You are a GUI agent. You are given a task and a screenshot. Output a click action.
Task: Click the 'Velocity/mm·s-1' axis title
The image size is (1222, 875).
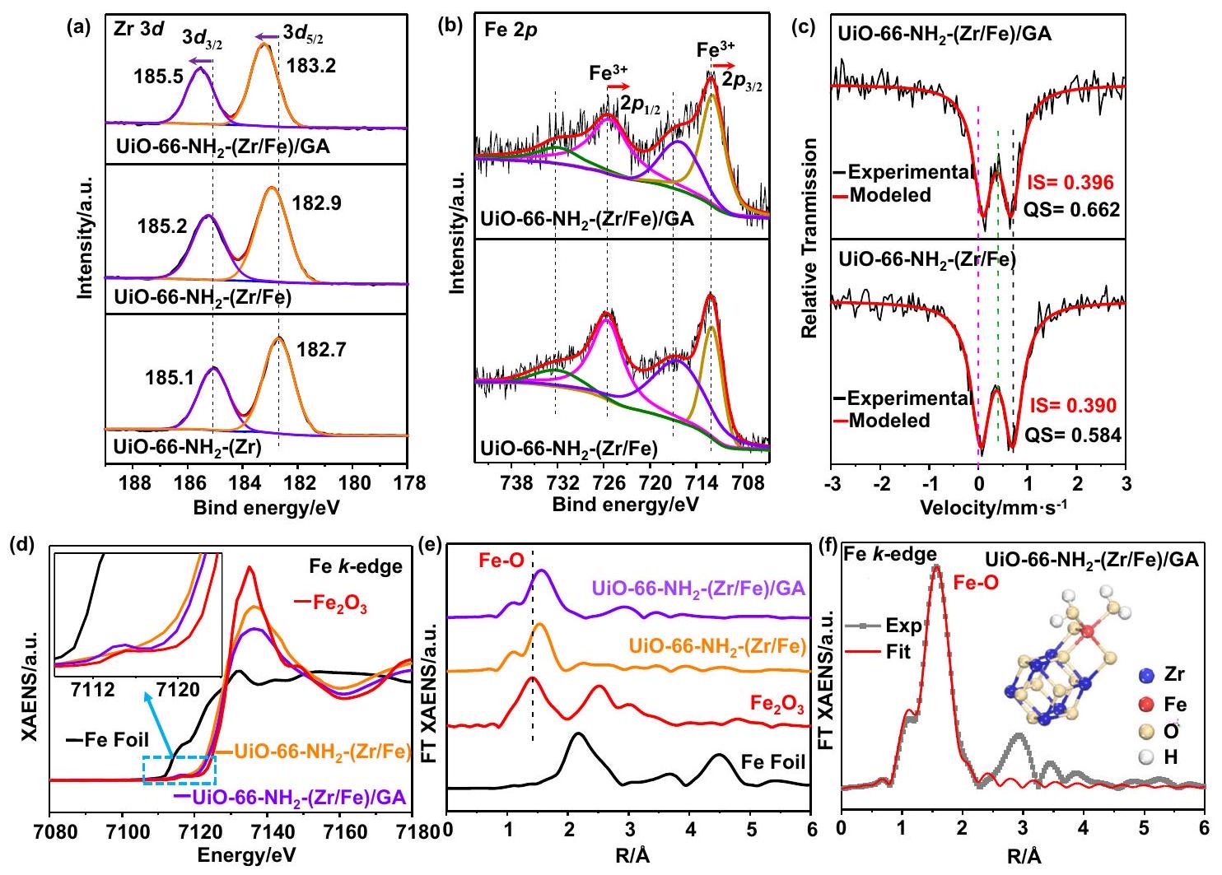pyautogui.click(x=978, y=504)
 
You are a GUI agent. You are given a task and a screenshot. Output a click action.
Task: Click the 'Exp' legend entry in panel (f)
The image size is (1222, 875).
pyautogui.click(x=903, y=626)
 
